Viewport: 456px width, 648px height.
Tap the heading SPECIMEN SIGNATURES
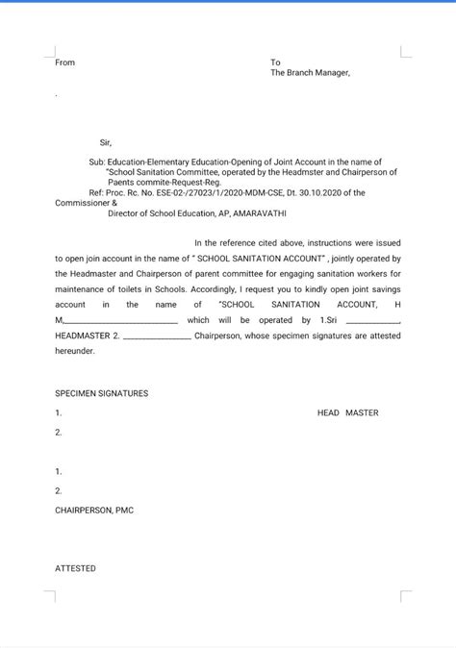click(101, 393)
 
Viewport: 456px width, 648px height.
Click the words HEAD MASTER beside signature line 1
click(347, 412)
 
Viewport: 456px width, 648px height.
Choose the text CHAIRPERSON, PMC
click(94, 510)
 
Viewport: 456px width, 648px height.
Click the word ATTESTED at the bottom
click(75, 568)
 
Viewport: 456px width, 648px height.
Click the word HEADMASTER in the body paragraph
click(82, 336)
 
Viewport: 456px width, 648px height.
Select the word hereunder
click(75, 352)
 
